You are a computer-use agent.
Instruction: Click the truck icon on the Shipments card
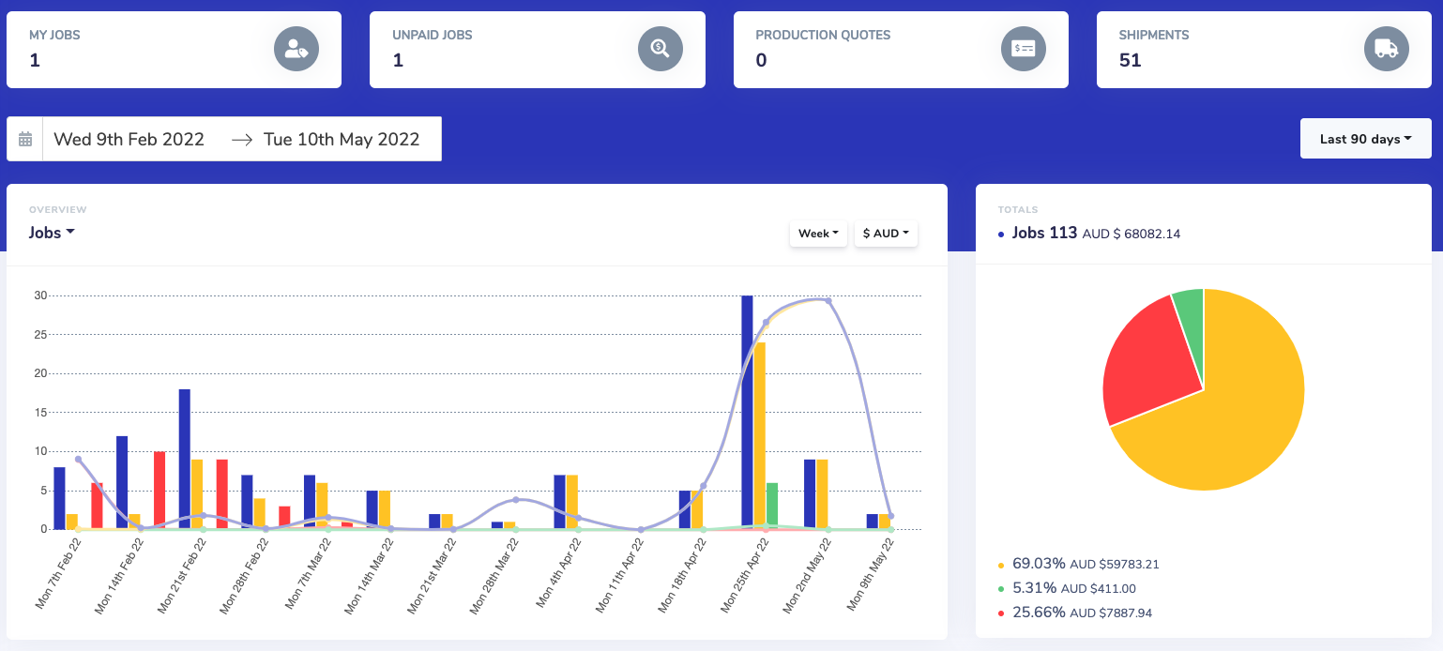click(1386, 49)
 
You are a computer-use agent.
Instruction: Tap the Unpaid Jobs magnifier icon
click(660, 49)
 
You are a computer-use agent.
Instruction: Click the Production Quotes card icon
click(1023, 49)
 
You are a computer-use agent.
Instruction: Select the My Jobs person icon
click(296, 49)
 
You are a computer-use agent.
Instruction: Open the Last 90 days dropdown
click(1365, 139)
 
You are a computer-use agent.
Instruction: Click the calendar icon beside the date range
click(25, 139)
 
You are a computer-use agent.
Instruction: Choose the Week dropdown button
click(818, 234)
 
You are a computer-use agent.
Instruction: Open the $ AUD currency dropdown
click(886, 234)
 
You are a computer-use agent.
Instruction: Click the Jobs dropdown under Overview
click(52, 233)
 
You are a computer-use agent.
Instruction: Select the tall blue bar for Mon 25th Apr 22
click(747, 413)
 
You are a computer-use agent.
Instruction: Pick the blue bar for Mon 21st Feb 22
click(185, 459)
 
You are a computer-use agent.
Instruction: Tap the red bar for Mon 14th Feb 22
click(159, 490)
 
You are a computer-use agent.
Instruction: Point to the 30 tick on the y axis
click(40, 295)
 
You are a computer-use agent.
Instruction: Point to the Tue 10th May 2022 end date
click(341, 140)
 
